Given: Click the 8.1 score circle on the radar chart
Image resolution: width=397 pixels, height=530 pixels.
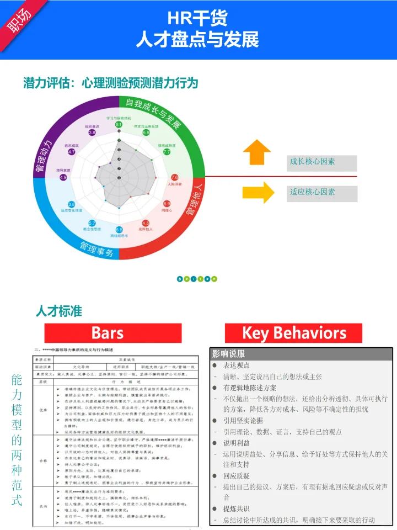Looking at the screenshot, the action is [119, 125].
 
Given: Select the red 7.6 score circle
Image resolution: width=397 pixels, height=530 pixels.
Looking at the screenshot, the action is [175, 177].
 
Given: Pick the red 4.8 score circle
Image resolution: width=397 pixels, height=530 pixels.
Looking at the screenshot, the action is [146, 223].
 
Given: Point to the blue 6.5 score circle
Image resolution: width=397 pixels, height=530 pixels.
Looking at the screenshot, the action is [119, 230].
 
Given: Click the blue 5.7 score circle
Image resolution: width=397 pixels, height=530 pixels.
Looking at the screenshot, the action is [92, 223].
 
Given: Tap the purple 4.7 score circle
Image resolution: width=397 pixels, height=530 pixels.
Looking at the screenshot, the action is [72, 152].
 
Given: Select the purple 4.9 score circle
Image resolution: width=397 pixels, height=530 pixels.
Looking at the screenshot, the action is [63, 177].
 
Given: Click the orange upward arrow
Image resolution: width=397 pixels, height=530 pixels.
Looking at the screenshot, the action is [257, 152].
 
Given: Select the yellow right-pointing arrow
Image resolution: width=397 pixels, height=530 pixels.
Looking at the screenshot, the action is [257, 192].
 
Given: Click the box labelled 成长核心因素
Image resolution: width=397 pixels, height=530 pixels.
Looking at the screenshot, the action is [322, 163].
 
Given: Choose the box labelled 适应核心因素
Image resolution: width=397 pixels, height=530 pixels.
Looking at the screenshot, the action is [322, 193].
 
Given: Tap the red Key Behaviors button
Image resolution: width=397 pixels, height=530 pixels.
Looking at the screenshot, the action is [294, 333].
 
